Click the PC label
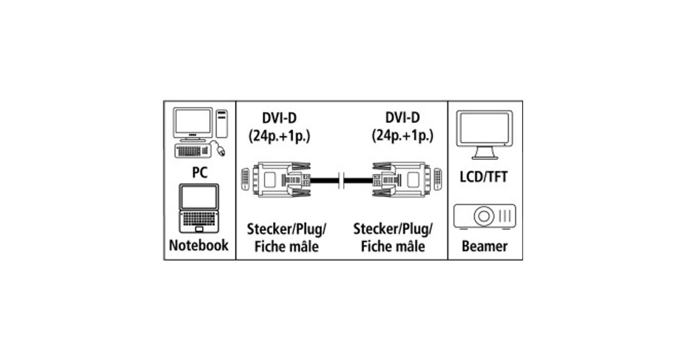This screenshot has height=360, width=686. [199, 173]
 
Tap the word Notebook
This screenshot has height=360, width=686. [199, 246]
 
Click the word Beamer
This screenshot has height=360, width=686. [484, 247]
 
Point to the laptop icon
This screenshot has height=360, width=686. [198, 208]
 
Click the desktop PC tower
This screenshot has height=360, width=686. [221, 123]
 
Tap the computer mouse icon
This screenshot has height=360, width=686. [221, 151]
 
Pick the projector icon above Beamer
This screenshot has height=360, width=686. [485, 216]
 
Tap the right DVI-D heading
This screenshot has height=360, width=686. [402, 118]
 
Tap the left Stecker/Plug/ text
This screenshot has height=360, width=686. [286, 230]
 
